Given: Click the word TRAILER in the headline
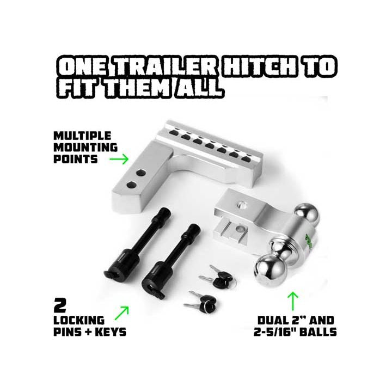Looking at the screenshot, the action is point(166,66).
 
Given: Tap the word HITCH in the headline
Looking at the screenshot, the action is point(259,66).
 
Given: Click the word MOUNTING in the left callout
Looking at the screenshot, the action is point(85,148).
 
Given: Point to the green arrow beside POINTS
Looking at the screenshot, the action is point(119,159).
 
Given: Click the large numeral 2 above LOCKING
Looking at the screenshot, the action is point(60,305).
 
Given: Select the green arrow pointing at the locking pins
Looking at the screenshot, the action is point(122,313).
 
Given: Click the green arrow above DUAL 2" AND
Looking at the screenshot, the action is point(293,301).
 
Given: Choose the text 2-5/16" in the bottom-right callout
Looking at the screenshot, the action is point(274,332).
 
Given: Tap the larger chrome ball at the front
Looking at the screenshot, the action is point(271,271).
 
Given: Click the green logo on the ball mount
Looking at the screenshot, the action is point(309,241).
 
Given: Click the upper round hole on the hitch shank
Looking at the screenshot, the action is point(141,173).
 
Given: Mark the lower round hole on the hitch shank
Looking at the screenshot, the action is point(132,185).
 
